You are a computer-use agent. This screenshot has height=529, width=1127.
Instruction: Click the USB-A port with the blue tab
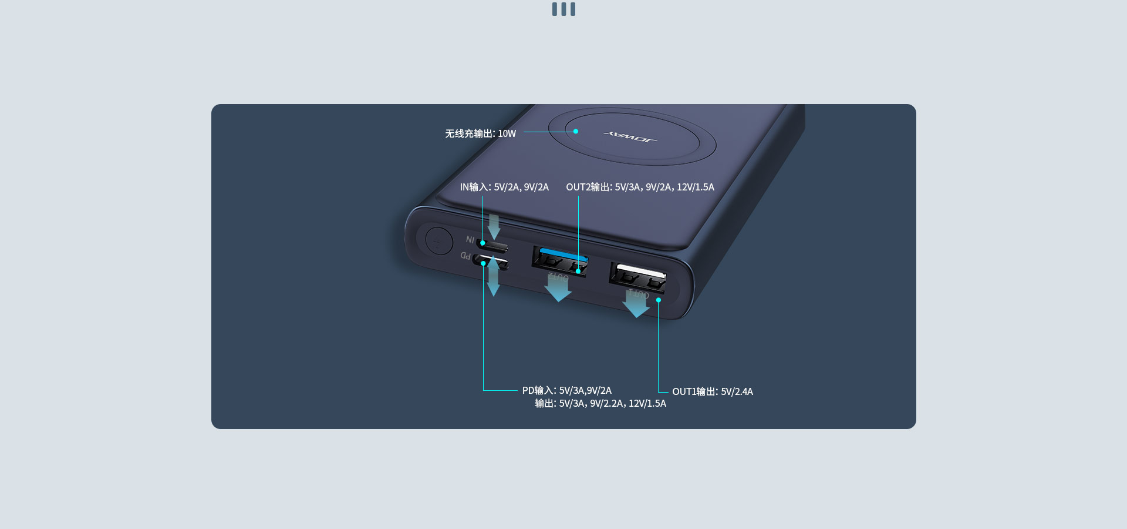[560, 262]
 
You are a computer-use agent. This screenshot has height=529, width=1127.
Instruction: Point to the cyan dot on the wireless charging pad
[576, 131]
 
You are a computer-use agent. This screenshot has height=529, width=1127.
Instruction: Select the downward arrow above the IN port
[494, 227]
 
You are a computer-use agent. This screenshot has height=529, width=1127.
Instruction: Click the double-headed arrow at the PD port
[494, 276]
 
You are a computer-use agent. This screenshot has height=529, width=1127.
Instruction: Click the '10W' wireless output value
[507, 134]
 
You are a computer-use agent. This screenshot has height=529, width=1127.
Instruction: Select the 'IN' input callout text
[504, 188]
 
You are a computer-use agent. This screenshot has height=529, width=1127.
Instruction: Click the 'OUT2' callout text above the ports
[640, 188]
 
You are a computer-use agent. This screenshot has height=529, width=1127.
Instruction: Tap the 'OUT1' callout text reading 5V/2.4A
[713, 391]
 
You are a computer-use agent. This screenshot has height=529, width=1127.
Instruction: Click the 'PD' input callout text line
[567, 390]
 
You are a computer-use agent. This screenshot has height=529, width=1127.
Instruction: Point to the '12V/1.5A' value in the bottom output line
[647, 403]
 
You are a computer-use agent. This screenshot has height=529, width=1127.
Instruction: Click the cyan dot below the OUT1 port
[659, 300]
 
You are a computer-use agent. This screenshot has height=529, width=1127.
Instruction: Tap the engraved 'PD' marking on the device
[465, 256]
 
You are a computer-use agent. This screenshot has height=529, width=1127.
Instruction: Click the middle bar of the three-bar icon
[563, 9]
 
